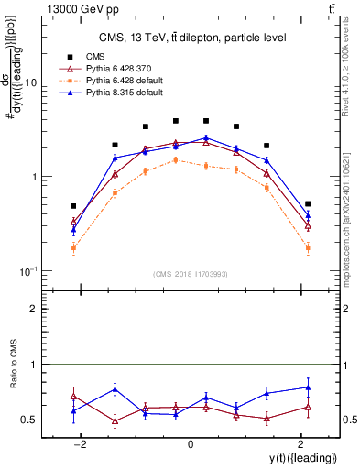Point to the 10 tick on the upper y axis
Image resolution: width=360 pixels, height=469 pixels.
[x=36, y=82]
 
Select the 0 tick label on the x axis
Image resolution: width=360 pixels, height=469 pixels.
[x=191, y=444]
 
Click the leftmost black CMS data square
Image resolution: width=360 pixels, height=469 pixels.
[x=73, y=206]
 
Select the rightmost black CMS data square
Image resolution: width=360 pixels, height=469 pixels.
[x=308, y=203]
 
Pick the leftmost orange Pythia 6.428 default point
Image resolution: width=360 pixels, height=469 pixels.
[x=73, y=248]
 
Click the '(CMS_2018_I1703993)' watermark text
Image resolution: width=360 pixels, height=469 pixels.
[x=191, y=274]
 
